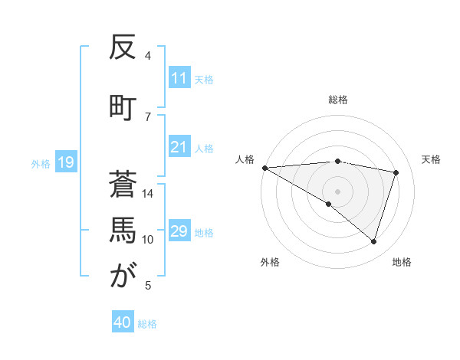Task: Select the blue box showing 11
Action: point(179,78)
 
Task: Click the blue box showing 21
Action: point(179,147)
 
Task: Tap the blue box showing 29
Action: point(179,231)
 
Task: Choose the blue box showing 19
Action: point(65,162)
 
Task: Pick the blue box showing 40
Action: point(123,322)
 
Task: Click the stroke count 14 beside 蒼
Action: point(148,194)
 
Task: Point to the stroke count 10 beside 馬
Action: point(148,240)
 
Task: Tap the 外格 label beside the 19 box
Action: point(41,163)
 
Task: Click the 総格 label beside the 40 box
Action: point(147,323)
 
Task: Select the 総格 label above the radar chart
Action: point(338,100)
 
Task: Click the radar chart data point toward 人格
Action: point(264,167)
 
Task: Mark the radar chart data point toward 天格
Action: point(396,172)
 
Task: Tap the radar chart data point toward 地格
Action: point(373,241)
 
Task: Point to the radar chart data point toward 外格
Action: point(329,204)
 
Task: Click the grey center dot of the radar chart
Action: point(337,191)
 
